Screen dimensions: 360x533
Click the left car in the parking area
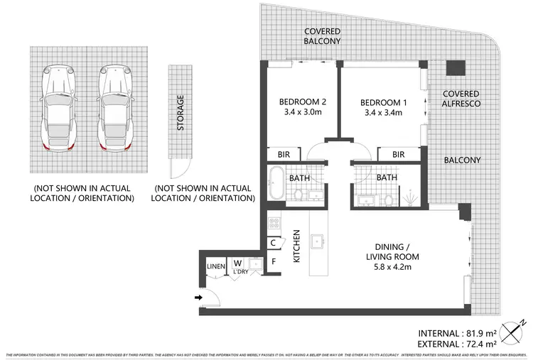click(58, 107)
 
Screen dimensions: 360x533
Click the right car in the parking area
click(113, 107)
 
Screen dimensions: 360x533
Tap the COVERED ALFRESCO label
click(461, 99)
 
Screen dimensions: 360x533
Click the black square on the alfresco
click(455, 68)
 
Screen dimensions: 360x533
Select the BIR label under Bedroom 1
click(398, 154)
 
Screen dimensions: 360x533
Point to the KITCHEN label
click(298, 245)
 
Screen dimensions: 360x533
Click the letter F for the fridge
click(274, 261)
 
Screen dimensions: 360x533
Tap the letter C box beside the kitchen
click(274, 243)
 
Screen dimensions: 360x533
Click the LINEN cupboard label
click(215, 267)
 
